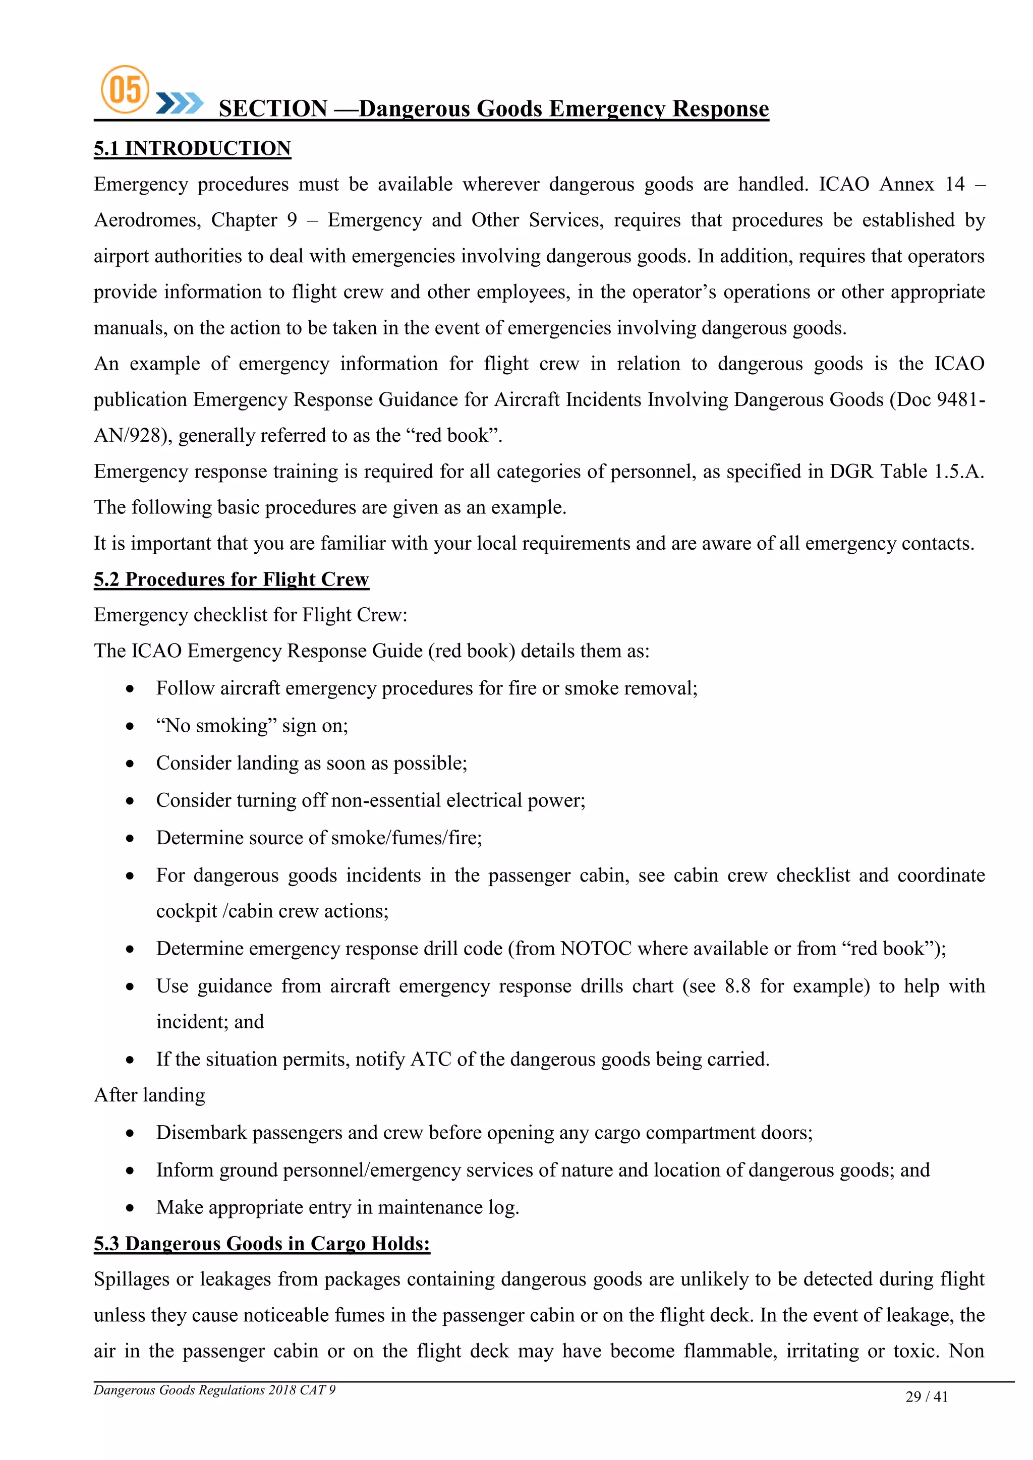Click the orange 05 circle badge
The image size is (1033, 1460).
(125, 89)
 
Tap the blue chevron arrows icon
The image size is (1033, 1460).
(180, 103)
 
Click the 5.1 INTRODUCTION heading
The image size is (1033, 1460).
(192, 148)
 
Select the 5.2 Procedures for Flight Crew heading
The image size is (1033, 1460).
(231, 579)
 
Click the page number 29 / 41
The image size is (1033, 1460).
(926, 1397)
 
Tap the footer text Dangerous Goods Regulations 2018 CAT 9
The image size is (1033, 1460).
(214, 1390)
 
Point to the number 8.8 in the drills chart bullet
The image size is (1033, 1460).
(737, 986)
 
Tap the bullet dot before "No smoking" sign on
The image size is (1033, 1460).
(130, 726)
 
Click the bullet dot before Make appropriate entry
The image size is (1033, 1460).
(130, 1207)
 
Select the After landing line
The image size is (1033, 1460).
(149, 1095)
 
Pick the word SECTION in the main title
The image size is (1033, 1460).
(273, 109)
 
